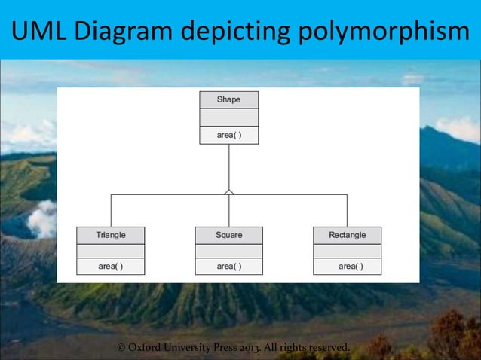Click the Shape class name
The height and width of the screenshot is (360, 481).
point(228,99)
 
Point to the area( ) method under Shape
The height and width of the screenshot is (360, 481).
point(228,136)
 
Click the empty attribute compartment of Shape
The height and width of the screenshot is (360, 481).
point(228,117)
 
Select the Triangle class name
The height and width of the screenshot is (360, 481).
point(111,235)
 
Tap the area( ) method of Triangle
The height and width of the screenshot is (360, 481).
point(111,266)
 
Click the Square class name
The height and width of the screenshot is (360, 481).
point(228,235)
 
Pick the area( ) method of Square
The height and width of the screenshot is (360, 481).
point(228,266)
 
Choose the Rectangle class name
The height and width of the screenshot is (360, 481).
point(347,235)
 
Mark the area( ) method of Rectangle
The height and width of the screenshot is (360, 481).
point(350,266)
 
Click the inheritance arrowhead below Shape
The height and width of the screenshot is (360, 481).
point(228,192)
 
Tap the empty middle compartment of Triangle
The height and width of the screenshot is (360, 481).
point(111,251)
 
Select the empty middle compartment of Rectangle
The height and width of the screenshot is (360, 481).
point(347,251)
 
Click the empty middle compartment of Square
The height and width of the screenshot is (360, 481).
point(228,251)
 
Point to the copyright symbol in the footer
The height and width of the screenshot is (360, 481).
point(122,347)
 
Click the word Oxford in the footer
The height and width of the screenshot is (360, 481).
point(150,347)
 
